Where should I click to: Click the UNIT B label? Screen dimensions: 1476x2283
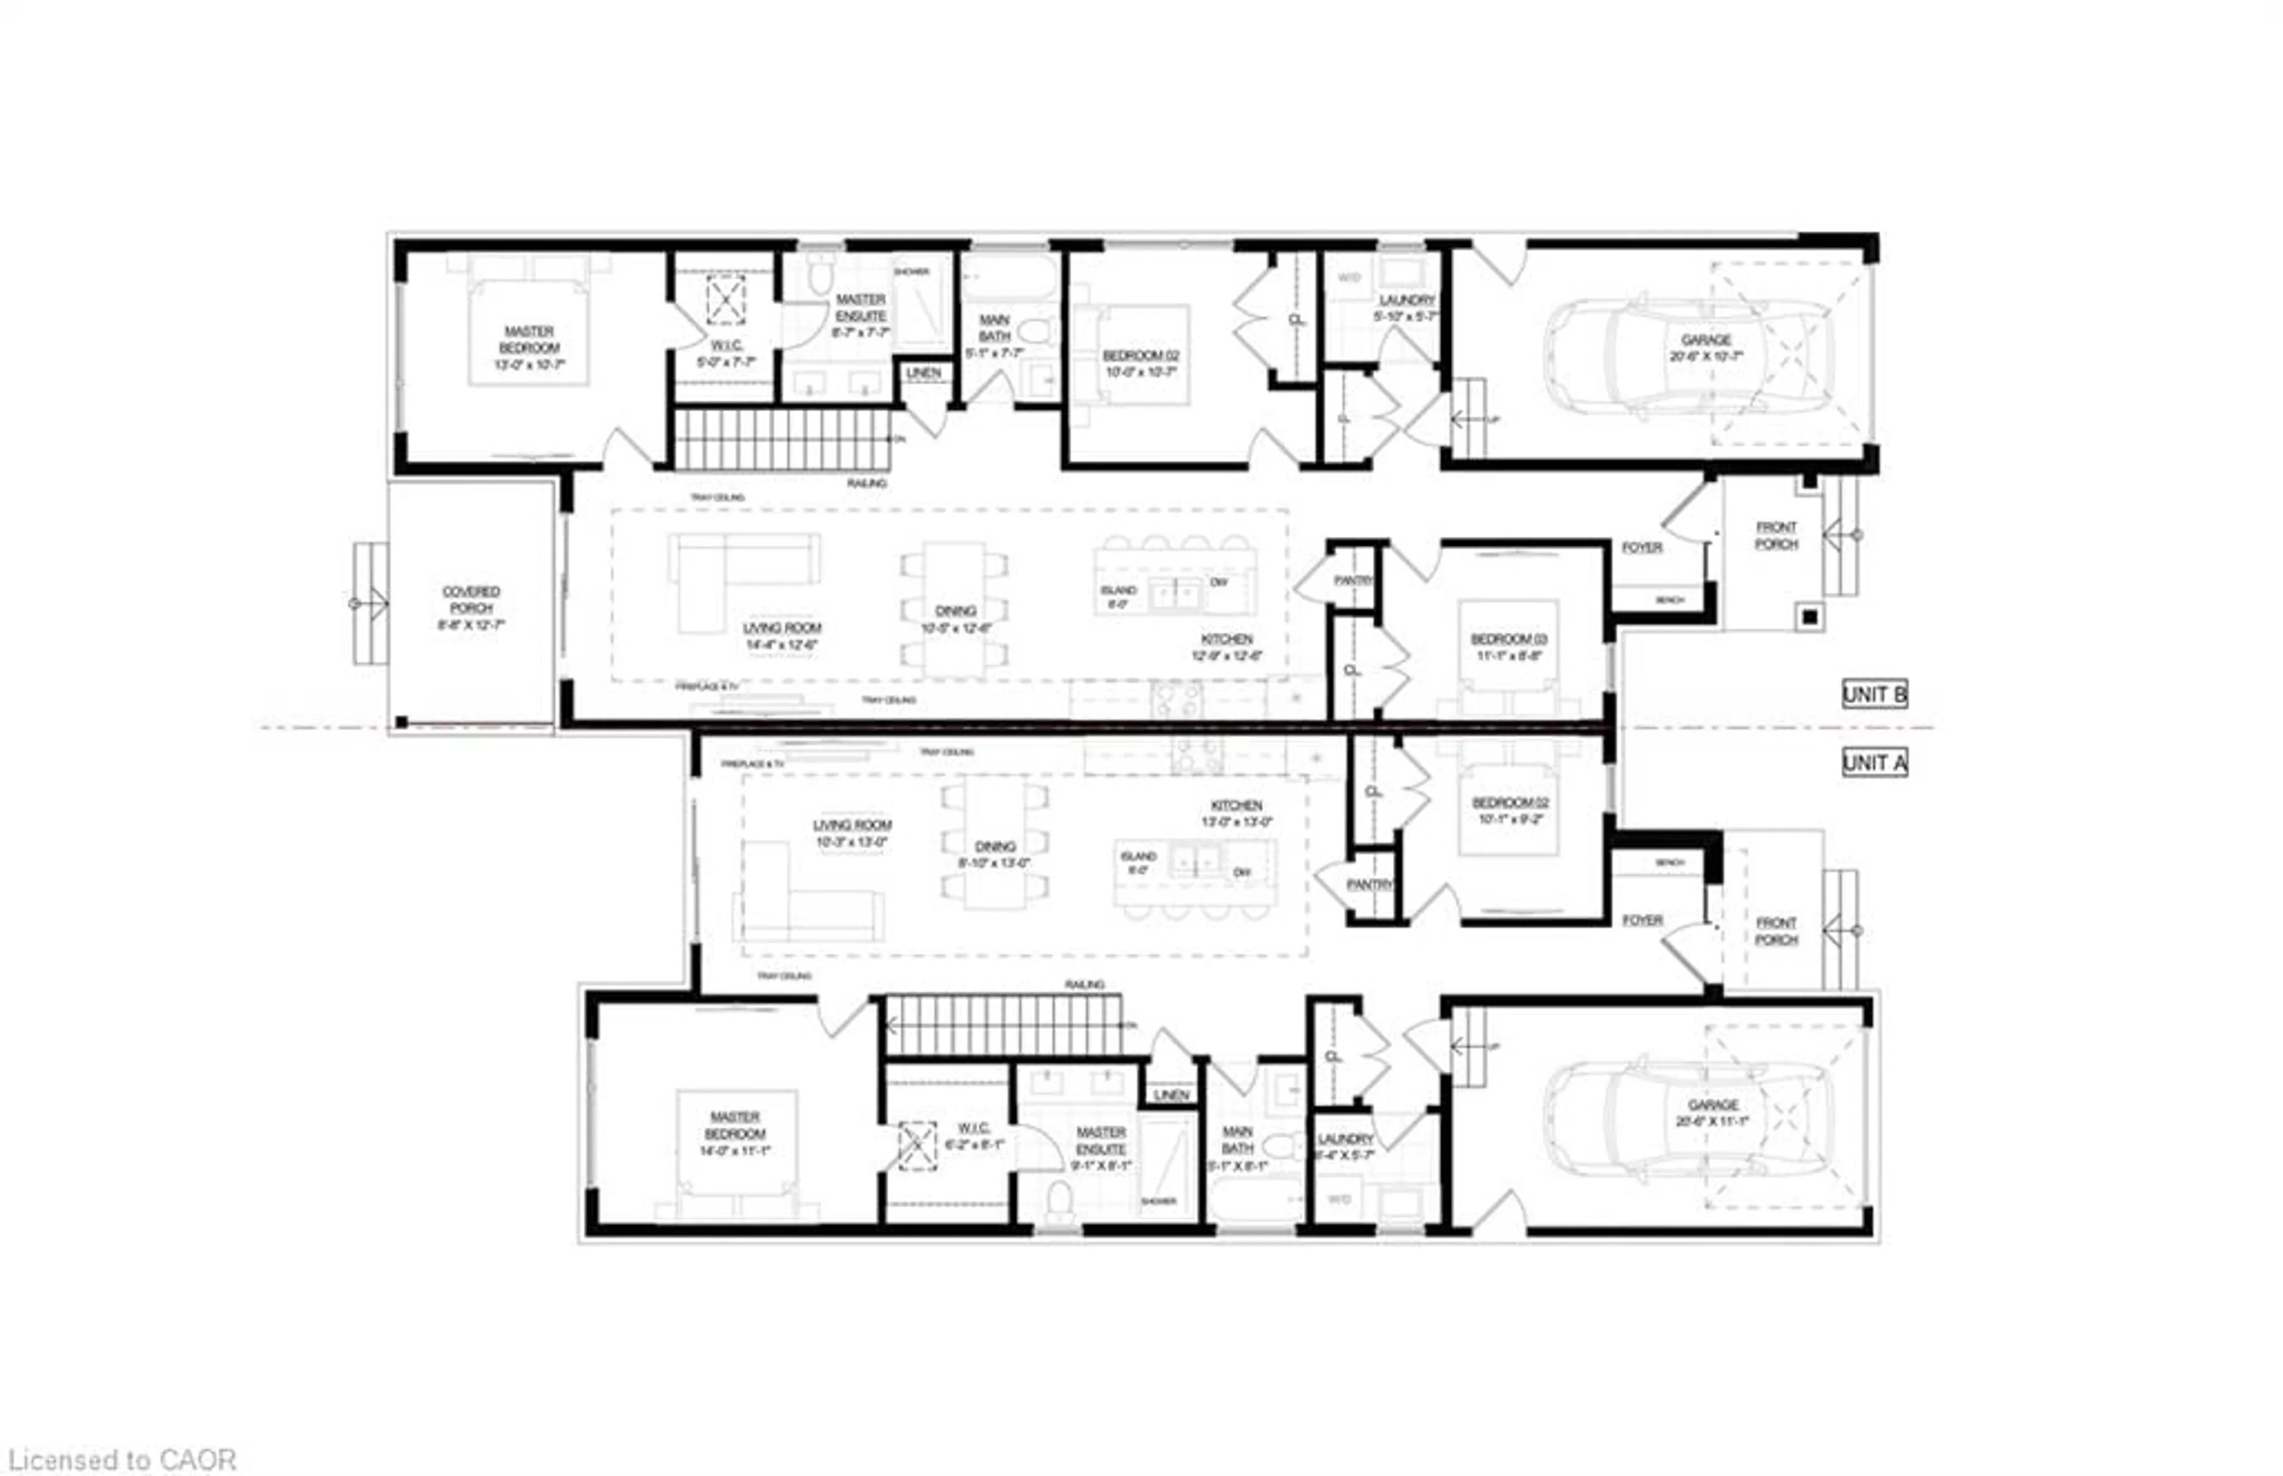(x=1874, y=694)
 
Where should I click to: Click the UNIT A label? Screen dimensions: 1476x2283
(x=1874, y=763)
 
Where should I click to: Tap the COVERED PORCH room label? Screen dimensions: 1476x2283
(x=471, y=608)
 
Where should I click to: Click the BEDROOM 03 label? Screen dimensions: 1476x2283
(x=1508, y=647)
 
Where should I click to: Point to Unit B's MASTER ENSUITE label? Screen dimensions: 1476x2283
(x=860, y=315)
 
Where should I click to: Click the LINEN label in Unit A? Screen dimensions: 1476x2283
(x=1171, y=1094)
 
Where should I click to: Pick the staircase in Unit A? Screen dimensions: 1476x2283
(x=1002, y=1025)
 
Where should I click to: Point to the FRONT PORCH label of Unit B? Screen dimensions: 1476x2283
(x=1776, y=536)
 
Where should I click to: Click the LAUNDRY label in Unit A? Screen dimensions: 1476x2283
(x=1345, y=1146)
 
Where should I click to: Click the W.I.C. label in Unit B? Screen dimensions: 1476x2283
(x=725, y=353)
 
